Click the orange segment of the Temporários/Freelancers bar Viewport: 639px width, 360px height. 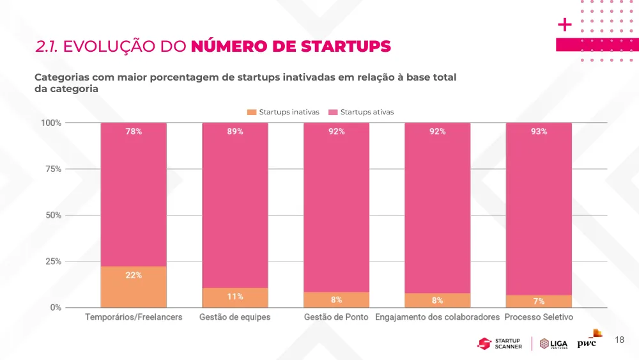click(134, 286)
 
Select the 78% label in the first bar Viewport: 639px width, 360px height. click(134, 131)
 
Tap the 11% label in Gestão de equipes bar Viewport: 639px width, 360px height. click(235, 297)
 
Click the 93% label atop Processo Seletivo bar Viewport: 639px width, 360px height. click(539, 131)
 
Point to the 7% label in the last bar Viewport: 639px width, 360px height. click(539, 301)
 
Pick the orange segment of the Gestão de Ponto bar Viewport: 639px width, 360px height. click(336, 300)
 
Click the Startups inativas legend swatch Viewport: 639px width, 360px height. click(252, 112)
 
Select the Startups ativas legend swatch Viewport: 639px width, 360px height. click(333, 112)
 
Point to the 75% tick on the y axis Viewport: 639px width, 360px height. click(53, 169)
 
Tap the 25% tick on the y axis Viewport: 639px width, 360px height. click(53, 262)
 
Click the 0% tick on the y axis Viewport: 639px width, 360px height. click(56, 308)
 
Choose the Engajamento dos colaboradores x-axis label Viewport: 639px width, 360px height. click(437, 317)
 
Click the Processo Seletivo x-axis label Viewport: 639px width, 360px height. click(539, 317)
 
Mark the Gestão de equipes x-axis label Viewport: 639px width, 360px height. click(235, 317)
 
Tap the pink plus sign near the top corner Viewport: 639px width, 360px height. click(565, 25)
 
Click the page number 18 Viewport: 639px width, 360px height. click(619, 340)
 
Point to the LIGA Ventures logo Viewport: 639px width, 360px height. click(553, 343)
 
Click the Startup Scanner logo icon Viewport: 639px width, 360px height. click(484, 343)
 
